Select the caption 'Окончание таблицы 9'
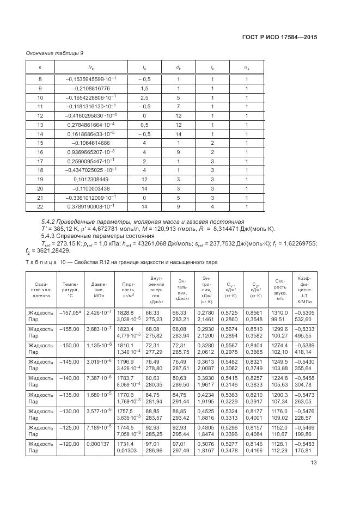point(54,53)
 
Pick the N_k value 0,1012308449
point(88,179)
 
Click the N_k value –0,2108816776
point(88,88)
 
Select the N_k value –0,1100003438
point(88,188)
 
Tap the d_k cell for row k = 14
point(178,134)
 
